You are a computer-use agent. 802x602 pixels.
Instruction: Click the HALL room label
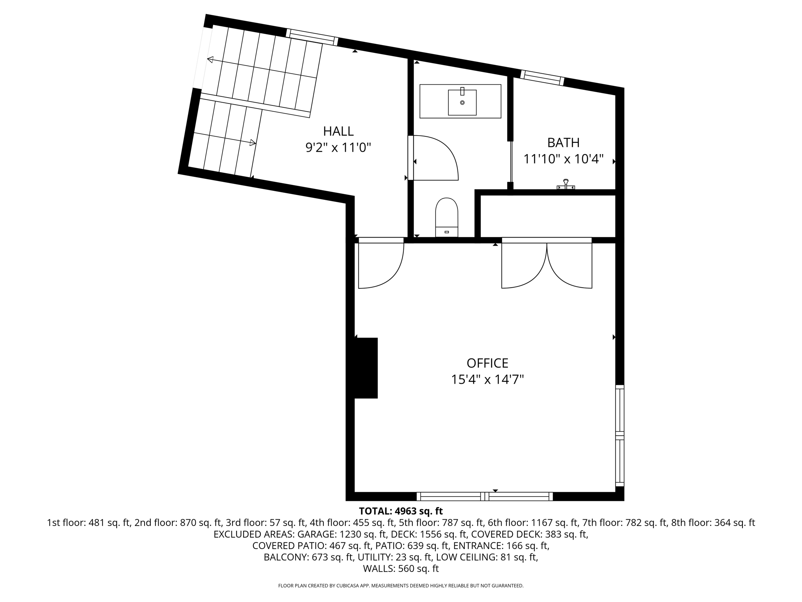click(x=338, y=131)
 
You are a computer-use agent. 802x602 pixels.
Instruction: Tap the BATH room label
click(x=563, y=143)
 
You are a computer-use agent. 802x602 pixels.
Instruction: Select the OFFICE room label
click(x=487, y=363)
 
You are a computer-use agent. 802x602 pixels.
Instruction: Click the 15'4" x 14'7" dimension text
click(x=487, y=380)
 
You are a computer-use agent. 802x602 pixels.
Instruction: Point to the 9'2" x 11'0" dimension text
click(x=338, y=148)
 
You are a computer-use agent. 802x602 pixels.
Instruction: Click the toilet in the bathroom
click(x=446, y=218)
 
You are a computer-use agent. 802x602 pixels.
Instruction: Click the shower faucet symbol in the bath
click(x=565, y=185)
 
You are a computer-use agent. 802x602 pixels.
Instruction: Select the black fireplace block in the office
click(x=366, y=368)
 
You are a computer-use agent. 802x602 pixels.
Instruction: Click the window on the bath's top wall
click(x=542, y=77)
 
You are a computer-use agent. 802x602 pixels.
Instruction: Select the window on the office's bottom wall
click(x=485, y=496)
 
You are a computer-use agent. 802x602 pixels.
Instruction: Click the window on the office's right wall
click(x=620, y=435)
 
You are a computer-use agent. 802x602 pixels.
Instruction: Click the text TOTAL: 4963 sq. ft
click(x=401, y=511)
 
